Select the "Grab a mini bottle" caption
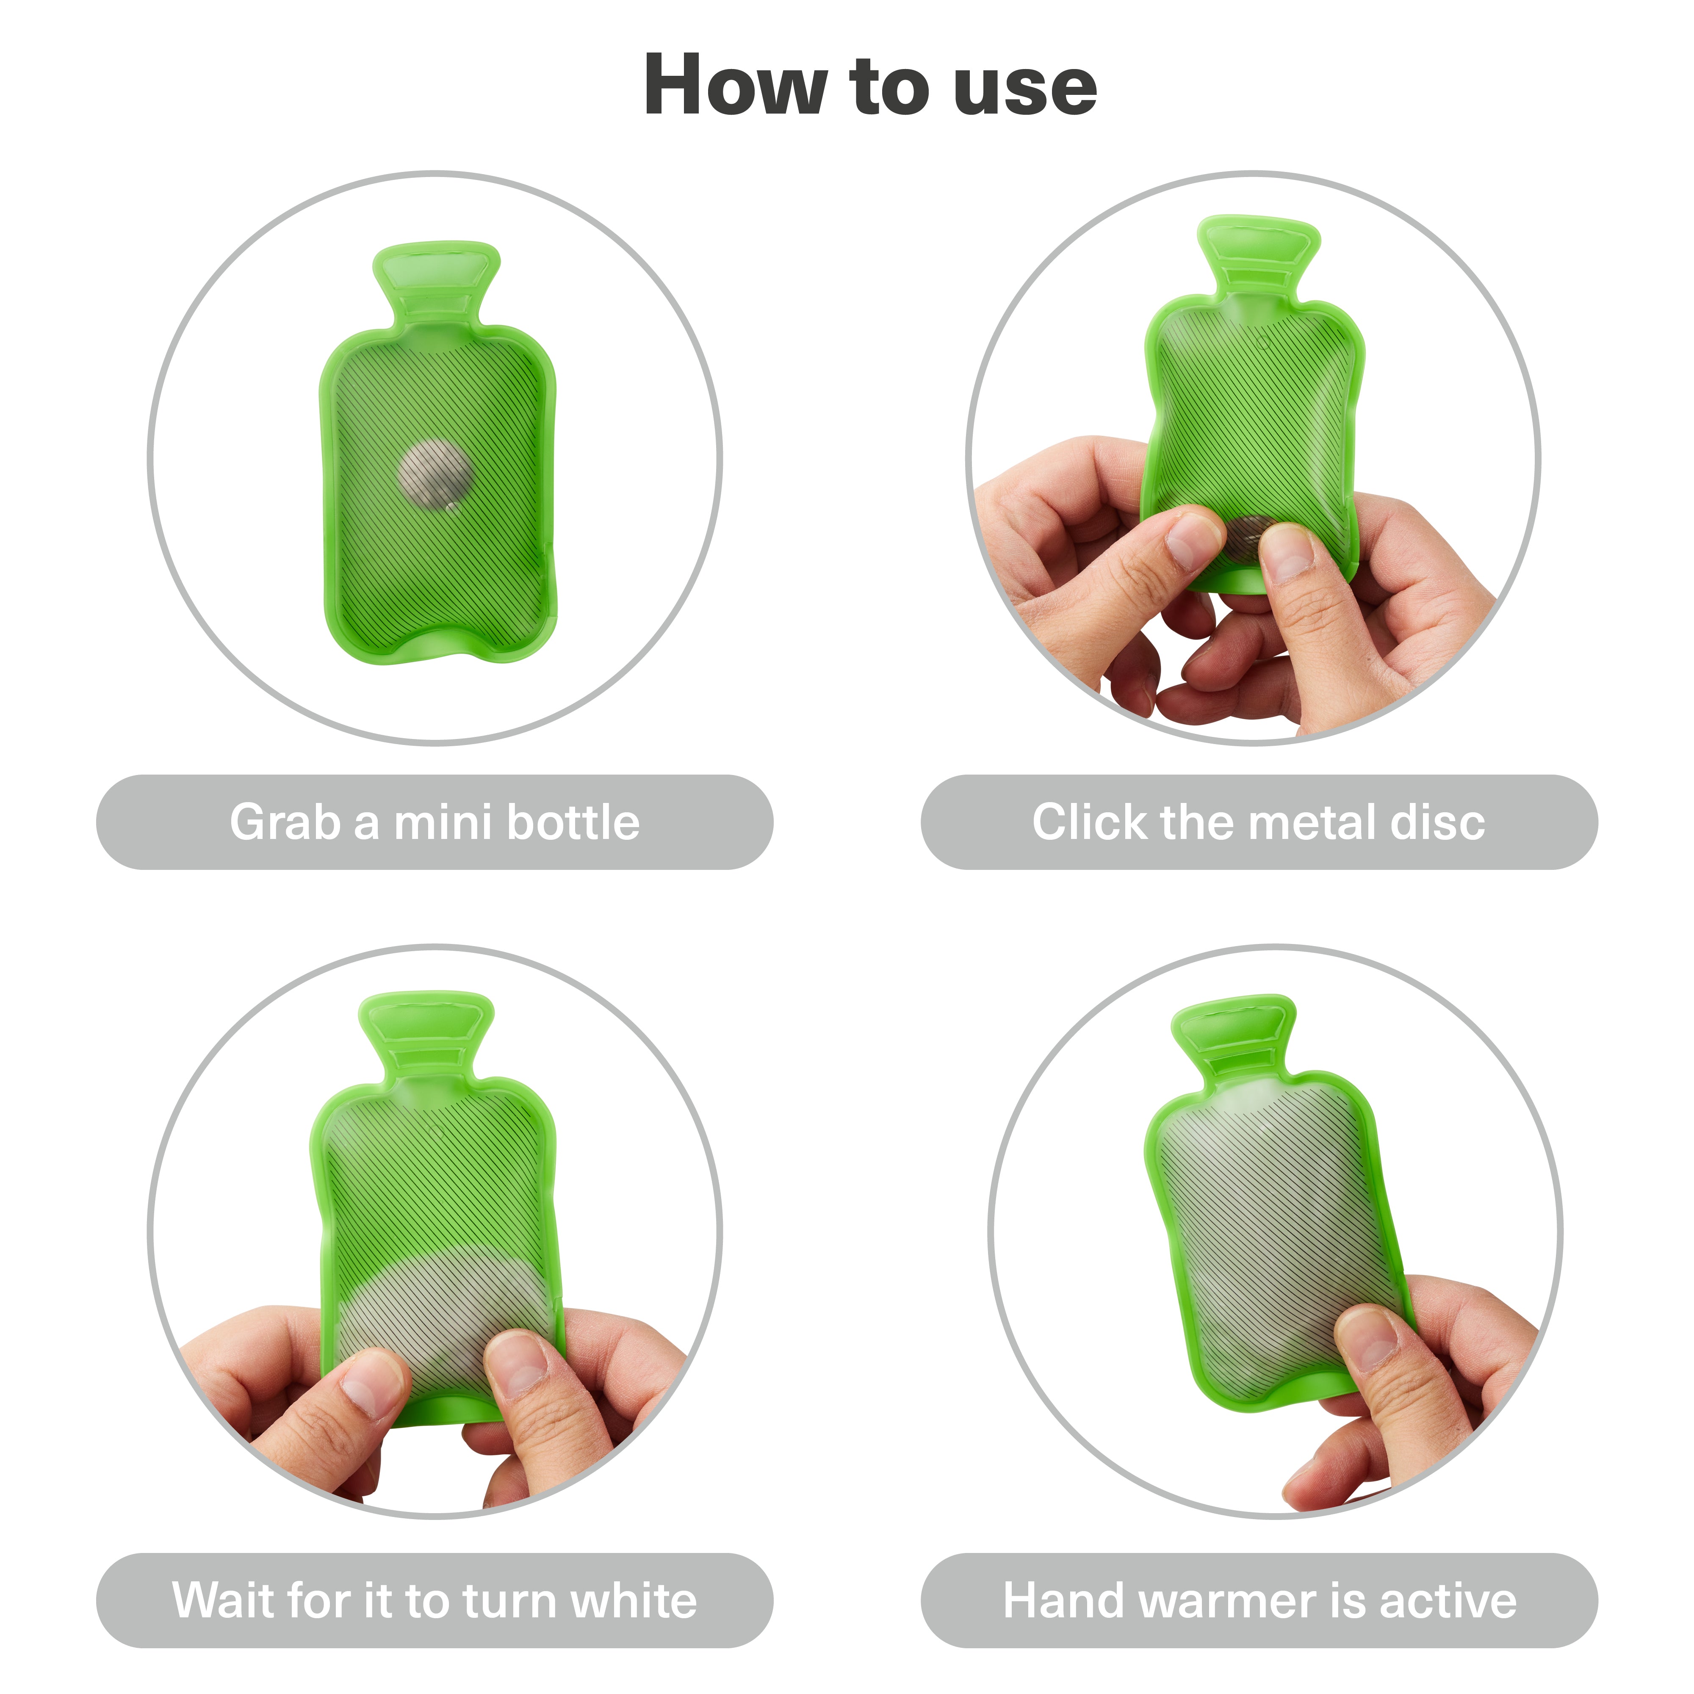point(435,822)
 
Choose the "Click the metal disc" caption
point(1258,822)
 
